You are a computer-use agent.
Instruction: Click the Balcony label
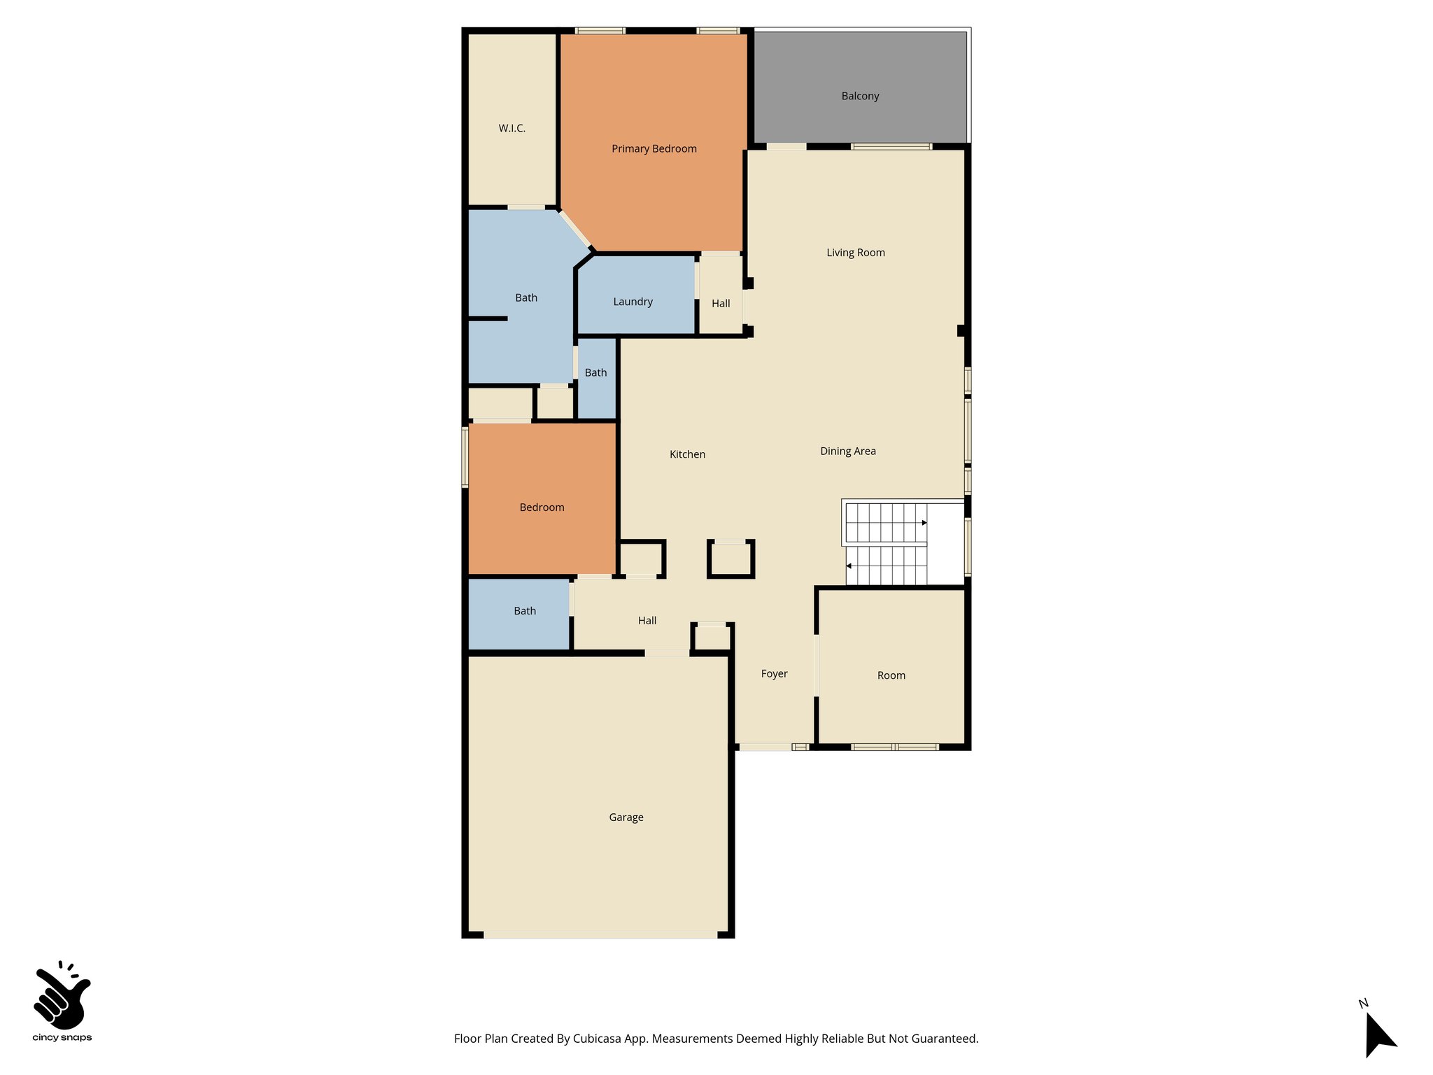pyautogui.click(x=860, y=97)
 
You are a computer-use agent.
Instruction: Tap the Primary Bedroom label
pyautogui.click(x=654, y=149)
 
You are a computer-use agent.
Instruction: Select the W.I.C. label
pyautogui.click(x=511, y=129)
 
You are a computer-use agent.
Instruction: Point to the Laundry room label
pyautogui.click(x=633, y=302)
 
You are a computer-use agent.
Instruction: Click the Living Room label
pyautogui.click(x=855, y=253)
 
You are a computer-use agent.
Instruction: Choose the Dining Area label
pyautogui.click(x=847, y=451)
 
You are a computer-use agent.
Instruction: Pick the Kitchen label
pyautogui.click(x=687, y=455)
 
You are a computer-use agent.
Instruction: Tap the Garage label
pyautogui.click(x=626, y=817)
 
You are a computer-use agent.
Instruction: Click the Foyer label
pyautogui.click(x=774, y=674)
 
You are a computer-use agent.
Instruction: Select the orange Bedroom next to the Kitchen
pyautogui.click(x=542, y=507)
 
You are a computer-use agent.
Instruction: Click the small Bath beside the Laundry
pyautogui.click(x=595, y=373)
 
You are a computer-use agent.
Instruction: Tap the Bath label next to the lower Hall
pyautogui.click(x=525, y=612)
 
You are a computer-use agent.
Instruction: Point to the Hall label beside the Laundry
pyautogui.click(x=721, y=304)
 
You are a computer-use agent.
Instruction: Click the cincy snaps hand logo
pyautogui.click(x=62, y=997)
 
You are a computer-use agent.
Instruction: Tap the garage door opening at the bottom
pyautogui.click(x=600, y=935)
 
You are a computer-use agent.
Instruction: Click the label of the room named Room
pyautogui.click(x=891, y=676)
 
